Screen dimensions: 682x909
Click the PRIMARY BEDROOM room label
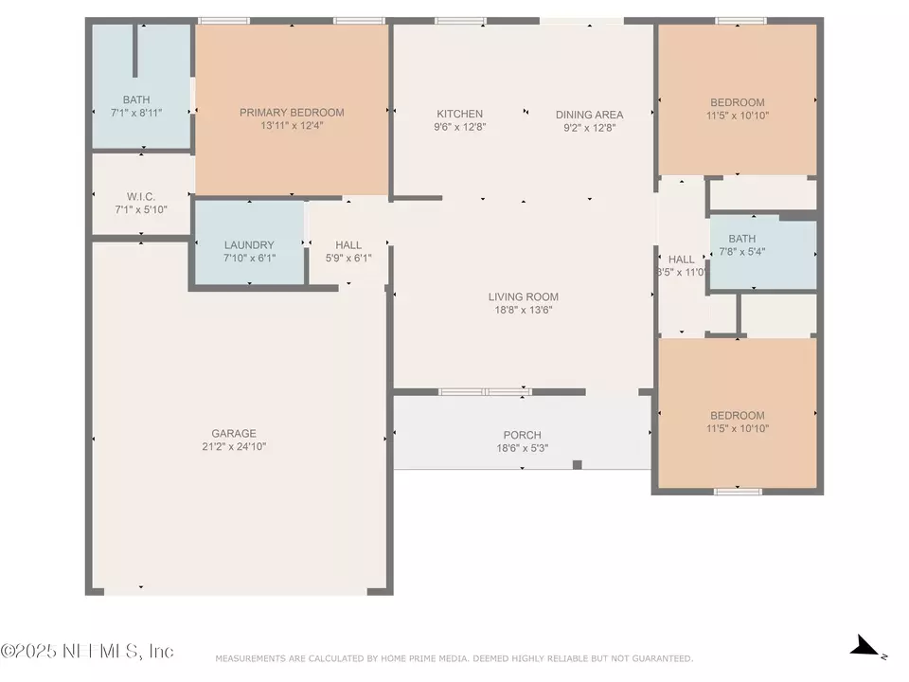(x=292, y=113)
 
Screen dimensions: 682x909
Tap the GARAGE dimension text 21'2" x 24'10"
(x=234, y=447)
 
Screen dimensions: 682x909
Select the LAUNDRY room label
(x=249, y=244)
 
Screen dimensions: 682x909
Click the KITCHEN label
(x=459, y=114)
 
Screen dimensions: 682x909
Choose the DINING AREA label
(x=589, y=115)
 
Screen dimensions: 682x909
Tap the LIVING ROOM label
(x=524, y=296)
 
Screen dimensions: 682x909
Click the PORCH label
(x=523, y=435)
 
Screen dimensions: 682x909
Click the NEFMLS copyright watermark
(x=87, y=652)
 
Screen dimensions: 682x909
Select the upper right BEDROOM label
(x=737, y=102)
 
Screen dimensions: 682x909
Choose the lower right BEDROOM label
(x=737, y=415)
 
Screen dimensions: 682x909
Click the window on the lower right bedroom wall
(x=739, y=491)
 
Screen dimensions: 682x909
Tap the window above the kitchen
(x=460, y=21)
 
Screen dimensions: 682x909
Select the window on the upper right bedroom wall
(x=740, y=21)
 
